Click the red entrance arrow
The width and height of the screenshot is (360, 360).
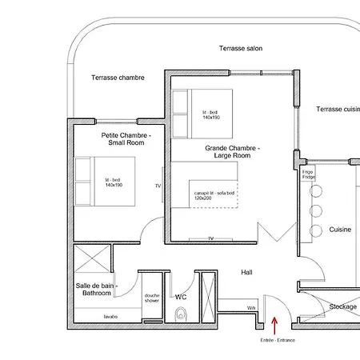pos(274,324)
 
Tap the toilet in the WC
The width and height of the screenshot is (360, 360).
pos(179,314)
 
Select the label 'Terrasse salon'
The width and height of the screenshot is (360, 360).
pos(241,49)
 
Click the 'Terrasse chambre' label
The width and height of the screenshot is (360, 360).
pos(118,78)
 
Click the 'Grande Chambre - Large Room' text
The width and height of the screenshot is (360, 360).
pos(233,152)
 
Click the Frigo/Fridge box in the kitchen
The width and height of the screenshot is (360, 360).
pos(308,174)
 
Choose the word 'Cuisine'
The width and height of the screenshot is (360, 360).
pos(340,230)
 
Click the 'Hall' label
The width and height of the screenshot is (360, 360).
pos(246,273)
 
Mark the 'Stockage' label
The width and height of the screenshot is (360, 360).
pos(342,306)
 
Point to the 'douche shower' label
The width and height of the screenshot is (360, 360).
pos(152,298)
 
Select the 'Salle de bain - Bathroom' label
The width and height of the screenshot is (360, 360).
pos(97,290)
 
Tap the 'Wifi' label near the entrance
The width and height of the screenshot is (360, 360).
pos(250,308)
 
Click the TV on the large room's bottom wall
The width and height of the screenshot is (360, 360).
pos(210,238)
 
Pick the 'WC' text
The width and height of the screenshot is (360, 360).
pos(181,296)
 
